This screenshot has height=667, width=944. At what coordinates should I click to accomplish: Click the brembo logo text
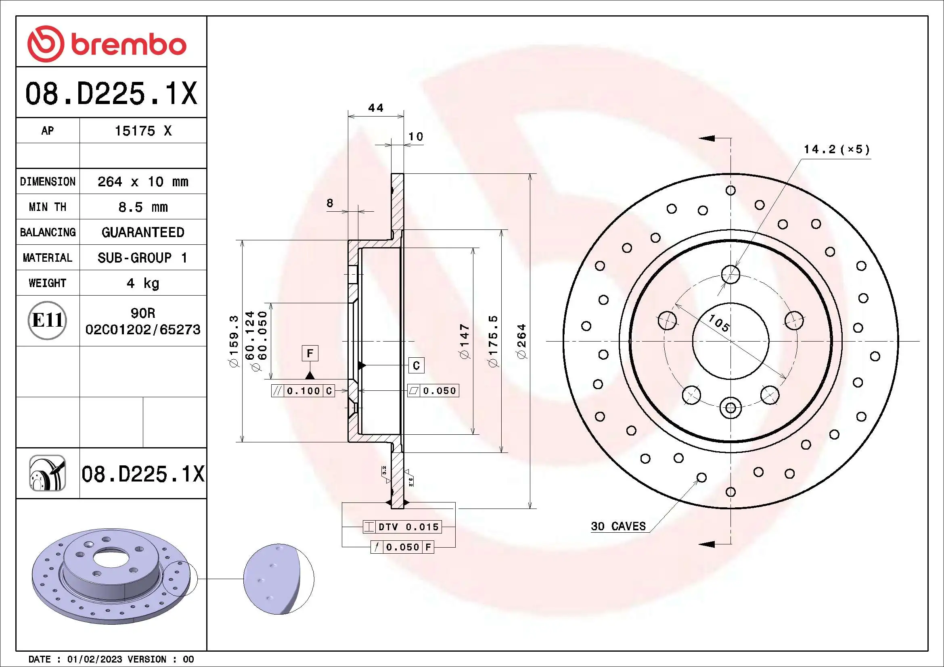[128, 45]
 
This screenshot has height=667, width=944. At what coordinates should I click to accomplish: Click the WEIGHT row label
[47, 283]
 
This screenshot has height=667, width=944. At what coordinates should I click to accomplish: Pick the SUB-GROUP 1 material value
[142, 258]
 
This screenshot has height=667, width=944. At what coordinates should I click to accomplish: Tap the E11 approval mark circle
[47, 320]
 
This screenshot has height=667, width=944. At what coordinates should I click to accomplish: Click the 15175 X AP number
[142, 131]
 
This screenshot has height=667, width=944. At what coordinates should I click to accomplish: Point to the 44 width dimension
[375, 108]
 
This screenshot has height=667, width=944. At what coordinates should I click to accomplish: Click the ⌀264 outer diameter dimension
[522, 341]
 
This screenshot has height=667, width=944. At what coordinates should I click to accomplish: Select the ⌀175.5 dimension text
[493, 341]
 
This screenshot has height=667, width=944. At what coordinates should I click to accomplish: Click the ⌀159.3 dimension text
[234, 341]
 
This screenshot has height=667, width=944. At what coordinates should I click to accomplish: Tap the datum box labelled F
[310, 353]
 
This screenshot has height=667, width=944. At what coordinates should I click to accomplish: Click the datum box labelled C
[416, 365]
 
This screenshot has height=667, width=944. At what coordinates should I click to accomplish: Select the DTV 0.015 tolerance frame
[402, 527]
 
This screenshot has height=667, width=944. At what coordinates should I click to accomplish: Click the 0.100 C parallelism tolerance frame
[304, 391]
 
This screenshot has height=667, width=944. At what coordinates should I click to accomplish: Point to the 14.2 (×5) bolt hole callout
[837, 150]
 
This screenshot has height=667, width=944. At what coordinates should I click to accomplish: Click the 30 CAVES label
[618, 526]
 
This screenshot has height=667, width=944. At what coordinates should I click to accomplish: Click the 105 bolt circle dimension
[719, 323]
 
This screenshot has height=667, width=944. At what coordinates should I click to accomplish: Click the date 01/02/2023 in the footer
[94, 659]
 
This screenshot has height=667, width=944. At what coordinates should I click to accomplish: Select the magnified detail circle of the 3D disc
[278, 579]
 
